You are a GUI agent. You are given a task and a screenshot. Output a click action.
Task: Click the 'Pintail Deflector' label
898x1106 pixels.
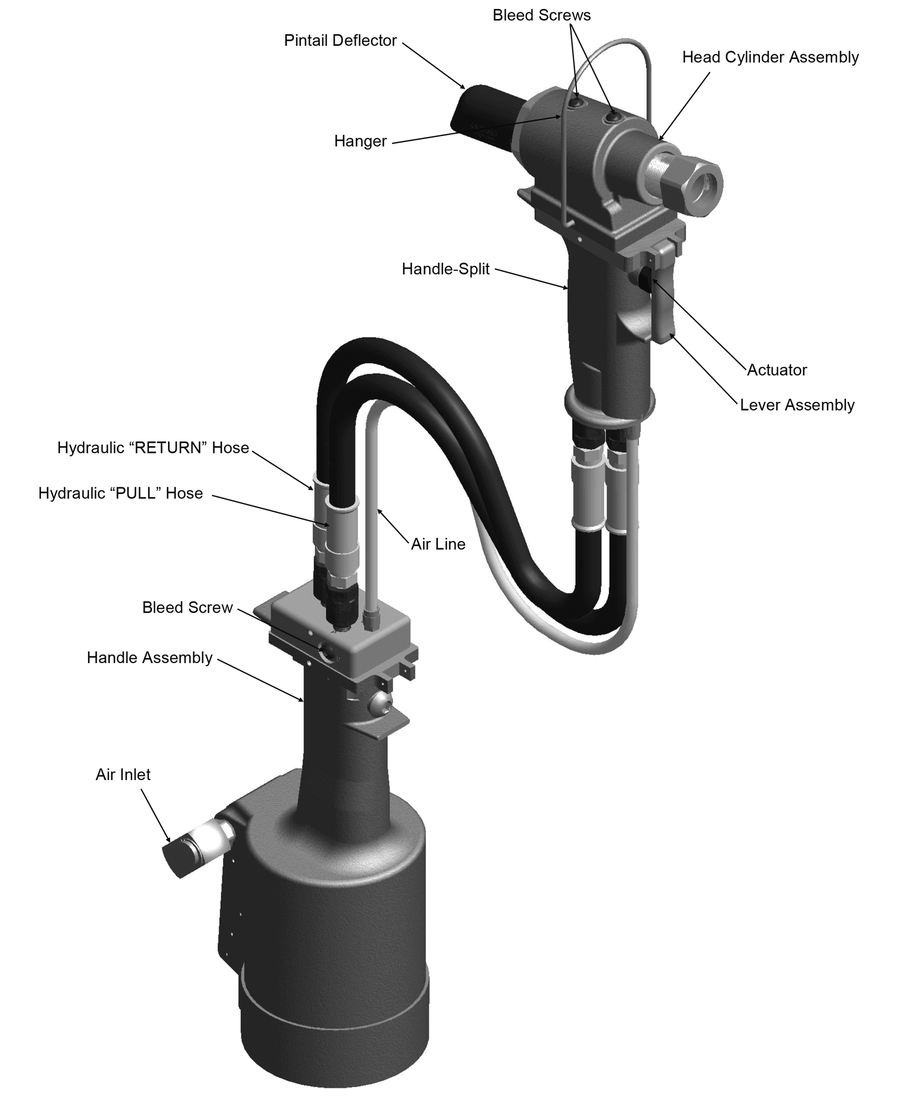coord(340,41)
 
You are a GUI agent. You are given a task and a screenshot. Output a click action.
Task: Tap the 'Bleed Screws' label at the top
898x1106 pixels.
coord(541,15)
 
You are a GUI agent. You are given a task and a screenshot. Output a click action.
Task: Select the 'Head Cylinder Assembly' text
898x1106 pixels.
coord(770,57)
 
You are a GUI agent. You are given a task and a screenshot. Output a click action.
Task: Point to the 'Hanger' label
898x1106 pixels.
coord(360,141)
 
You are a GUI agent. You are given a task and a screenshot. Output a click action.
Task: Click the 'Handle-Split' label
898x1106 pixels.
coord(445,269)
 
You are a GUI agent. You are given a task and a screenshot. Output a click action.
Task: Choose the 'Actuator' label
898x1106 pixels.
coord(776,370)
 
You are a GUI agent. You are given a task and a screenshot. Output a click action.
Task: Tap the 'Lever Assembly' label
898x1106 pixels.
coord(797,405)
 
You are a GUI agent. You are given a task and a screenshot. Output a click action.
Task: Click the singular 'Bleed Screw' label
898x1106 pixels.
coord(187,607)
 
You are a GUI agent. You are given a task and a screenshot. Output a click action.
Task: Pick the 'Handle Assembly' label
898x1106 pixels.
coord(149,658)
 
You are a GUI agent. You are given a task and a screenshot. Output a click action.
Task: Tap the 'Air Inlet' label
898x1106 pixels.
coord(123,774)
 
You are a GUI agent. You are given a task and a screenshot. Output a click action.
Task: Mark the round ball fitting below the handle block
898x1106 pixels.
coord(380,704)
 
